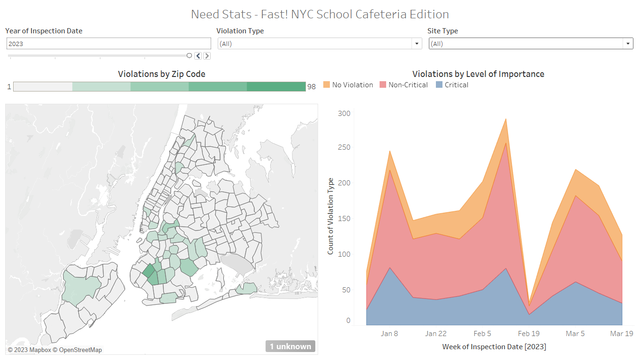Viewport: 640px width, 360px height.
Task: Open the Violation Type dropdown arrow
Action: click(x=416, y=44)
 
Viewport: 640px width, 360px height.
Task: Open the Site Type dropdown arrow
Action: click(x=628, y=44)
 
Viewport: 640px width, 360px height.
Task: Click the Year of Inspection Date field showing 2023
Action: click(x=108, y=44)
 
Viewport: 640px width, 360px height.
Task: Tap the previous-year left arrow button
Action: click(x=198, y=56)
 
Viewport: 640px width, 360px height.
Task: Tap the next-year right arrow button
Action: click(x=206, y=56)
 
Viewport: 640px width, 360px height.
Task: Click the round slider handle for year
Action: click(x=189, y=55)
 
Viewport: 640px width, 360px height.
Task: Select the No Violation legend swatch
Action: click(x=327, y=85)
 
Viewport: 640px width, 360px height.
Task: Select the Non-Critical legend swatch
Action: click(x=383, y=85)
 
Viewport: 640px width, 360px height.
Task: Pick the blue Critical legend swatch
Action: click(x=439, y=85)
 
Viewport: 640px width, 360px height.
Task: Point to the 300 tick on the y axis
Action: click(x=344, y=114)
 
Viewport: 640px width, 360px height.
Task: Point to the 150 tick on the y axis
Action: click(x=344, y=219)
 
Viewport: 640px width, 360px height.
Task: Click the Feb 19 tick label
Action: click(x=529, y=334)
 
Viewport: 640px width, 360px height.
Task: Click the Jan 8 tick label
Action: click(x=389, y=334)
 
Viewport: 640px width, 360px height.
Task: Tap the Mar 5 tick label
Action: click(x=575, y=334)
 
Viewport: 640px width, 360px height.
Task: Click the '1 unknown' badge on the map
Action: click(x=290, y=346)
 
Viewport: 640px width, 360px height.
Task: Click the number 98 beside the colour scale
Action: click(x=312, y=87)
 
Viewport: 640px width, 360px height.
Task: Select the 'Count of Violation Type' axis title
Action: click(x=330, y=216)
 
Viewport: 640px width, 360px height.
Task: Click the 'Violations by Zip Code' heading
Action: click(x=161, y=74)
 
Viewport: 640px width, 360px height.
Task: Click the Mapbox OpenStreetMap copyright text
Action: click(x=55, y=350)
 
